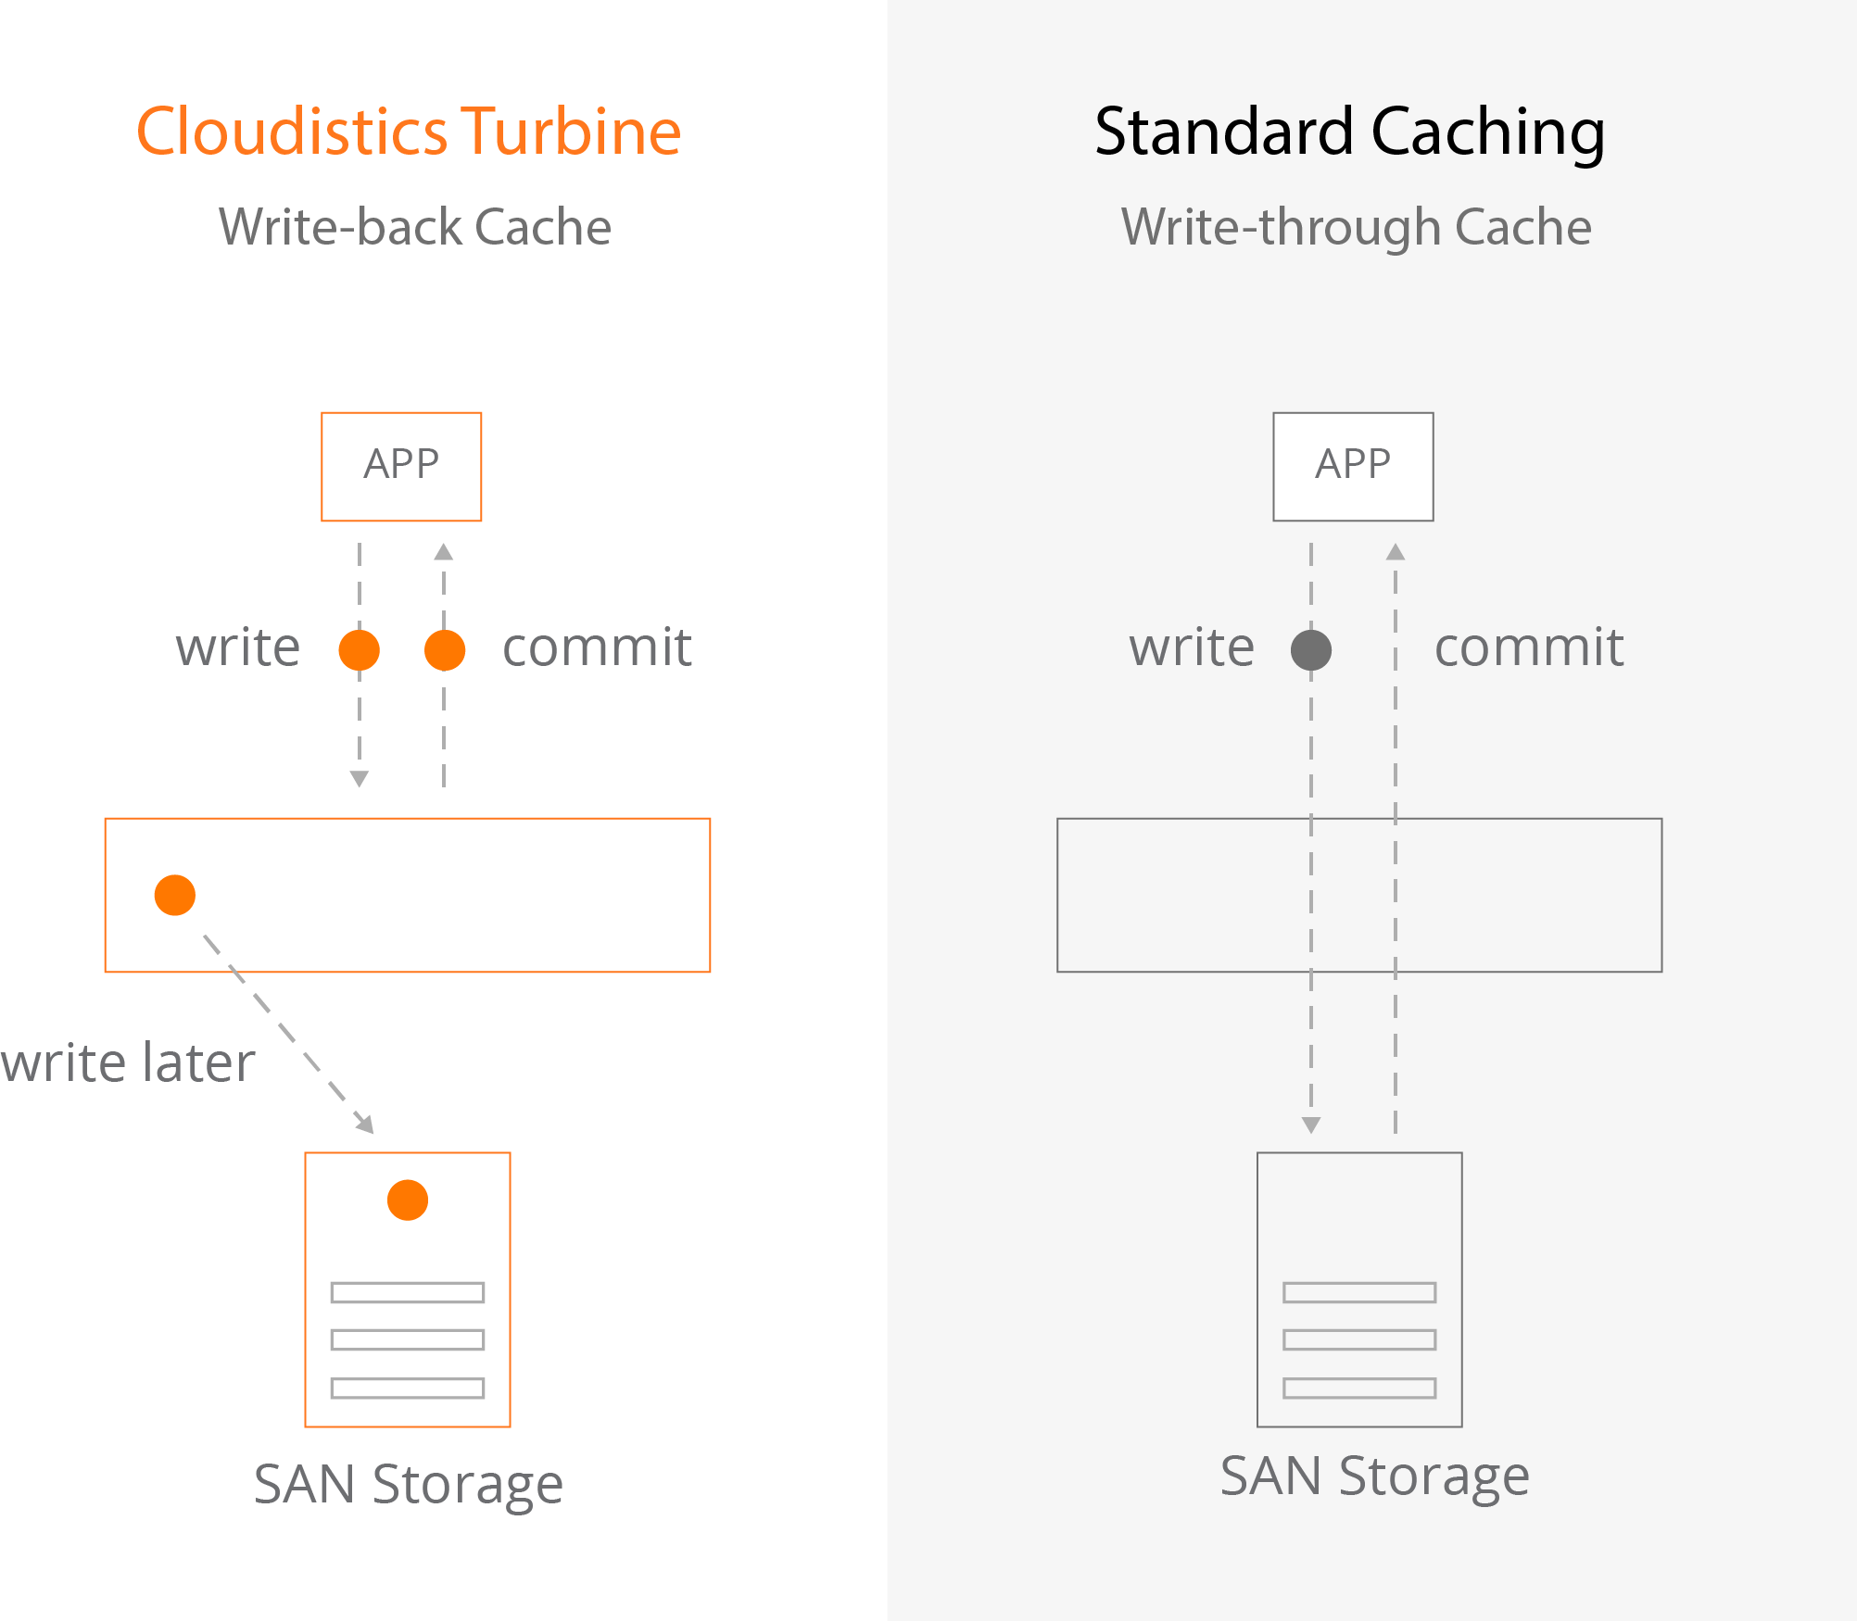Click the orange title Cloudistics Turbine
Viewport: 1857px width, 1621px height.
coord(409,132)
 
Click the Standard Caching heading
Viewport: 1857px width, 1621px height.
coord(1349,132)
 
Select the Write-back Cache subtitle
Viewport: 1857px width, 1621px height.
coord(415,227)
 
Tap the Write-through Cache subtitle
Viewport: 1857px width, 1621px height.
coord(1356,227)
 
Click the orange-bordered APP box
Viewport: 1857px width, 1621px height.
coord(401,466)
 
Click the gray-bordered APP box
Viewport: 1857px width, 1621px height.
coord(1353,466)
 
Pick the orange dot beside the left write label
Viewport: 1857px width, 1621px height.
coord(360,649)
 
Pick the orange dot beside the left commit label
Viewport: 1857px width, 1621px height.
coord(445,649)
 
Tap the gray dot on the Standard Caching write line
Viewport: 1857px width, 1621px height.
coord(1311,649)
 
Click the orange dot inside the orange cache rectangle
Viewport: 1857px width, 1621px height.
coord(175,895)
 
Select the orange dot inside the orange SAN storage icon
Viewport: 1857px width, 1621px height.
coord(408,1200)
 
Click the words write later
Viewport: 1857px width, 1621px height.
coord(128,1062)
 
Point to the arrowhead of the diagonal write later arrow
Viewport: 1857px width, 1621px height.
coord(367,1125)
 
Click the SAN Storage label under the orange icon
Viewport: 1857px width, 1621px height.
coord(409,1484)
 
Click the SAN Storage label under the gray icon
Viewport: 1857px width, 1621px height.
coord(1374,1476)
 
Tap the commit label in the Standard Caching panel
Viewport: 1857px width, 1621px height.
coord(1529,647)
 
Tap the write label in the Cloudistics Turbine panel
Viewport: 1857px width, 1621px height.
coord(238,647)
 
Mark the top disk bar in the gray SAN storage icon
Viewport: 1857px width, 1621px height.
coord(1359,1292)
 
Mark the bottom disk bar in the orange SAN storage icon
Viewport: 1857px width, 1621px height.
coord(408,1389)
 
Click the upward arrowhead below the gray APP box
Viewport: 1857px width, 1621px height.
coord(1396,553)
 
